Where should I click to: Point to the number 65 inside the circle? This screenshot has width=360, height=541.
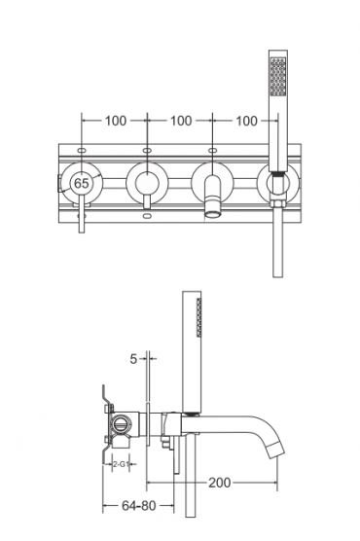(x=82, y=182)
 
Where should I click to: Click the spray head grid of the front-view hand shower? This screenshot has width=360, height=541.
(x=279, y=72)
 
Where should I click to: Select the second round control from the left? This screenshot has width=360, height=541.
(x=146, y=182)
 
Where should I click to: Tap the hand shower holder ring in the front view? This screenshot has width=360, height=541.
(x=278, y=181)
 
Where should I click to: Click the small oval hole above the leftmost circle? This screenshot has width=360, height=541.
(x=80, y=152)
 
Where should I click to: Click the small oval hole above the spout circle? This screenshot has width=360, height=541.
(x=212, y=152)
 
